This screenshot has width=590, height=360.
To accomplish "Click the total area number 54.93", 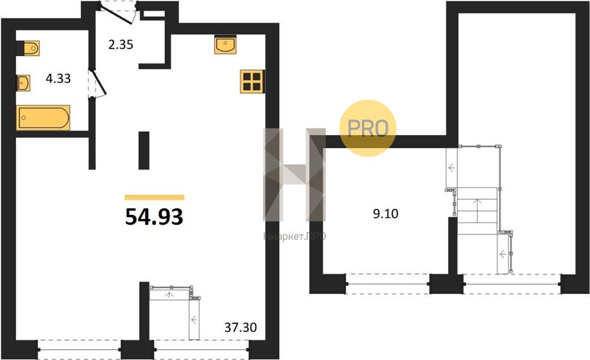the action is [x=154, y=217].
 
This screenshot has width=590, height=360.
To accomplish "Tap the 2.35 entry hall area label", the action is [x=121, y=45].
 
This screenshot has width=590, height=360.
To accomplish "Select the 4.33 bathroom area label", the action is [x=58, y=78].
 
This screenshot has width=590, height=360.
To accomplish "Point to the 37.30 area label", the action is [x=241, y=327].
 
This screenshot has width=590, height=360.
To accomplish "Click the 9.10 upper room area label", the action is [x=385, y=214].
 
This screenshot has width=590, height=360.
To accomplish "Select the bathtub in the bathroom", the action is [x=43, y=118].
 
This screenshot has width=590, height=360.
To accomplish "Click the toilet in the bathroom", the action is [x=28, y=48].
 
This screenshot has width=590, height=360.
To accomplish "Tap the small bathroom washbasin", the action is [x=23, y=83].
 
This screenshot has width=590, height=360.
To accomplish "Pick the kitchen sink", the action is [x=226, y=44].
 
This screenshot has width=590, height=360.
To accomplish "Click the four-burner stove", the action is [x=252, y=81].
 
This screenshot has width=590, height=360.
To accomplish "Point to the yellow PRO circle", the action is [x=367, y=128].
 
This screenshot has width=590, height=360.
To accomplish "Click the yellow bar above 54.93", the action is [x=154, y=197].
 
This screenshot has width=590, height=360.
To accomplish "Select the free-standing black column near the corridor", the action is [x=143, y=150].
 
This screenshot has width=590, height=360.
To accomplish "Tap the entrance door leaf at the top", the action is [x=118, y=15].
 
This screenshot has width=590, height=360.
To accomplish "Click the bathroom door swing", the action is [x=98, y=83].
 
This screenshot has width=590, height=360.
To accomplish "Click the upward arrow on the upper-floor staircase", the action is [x=477, y=211].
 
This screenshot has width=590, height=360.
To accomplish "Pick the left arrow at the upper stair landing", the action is [x=451, y=168].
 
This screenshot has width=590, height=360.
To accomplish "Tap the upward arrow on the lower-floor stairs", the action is [x=169, y=295].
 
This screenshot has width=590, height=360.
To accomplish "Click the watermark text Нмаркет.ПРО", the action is [x=295, y=236].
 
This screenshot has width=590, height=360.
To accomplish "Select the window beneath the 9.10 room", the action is [x=387, y=283].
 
